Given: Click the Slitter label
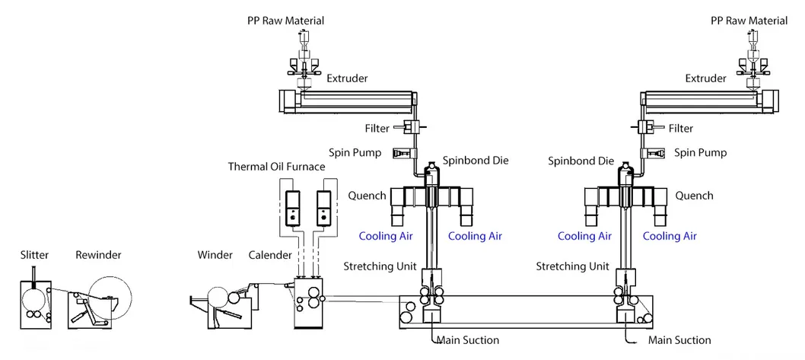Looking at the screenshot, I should pyautogui.click(x=34, y=254).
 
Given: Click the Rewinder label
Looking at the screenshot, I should pyautogui.click(x=98, y=254).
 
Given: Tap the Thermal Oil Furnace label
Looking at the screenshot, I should pyautogui.click(x=276, y=167).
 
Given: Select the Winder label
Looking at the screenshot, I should pyautogui.click(x=215, y=254).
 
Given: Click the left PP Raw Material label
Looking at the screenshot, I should pyautogui.click(x=285, y=21).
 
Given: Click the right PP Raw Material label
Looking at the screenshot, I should pyautogui.click(x=749, y=21).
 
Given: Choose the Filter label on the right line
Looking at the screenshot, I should pyautogui.click(x=681, y=129).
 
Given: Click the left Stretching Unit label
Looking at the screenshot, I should pyautogui.click(x=380, y=266).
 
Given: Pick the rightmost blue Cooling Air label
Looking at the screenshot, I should pyautogui.click(x=670, y=236).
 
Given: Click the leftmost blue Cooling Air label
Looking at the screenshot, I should pyautogui.click(x=386, y=236).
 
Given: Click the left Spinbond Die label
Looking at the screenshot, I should pyautogui.click(x=476, y=161).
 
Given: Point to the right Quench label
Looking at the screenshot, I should pyautogui.click(x=695, y=196).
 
